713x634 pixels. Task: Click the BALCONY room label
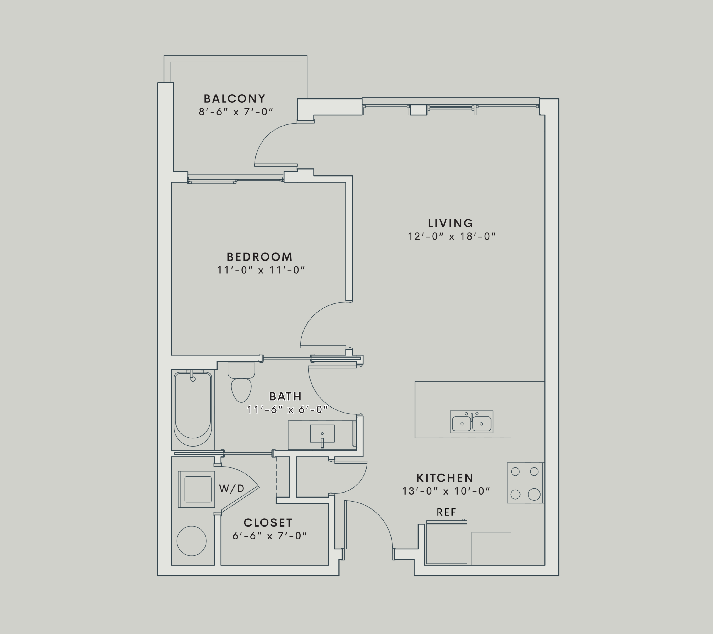235,98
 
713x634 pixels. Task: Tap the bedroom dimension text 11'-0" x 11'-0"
261,270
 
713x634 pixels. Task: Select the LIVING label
450,223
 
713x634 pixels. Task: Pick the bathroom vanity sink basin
322,433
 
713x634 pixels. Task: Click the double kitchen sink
471,422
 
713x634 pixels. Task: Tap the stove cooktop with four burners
525,483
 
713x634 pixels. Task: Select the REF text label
446,512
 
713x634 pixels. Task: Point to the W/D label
231,488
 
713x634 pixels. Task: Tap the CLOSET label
268,523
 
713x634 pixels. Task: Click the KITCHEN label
445,478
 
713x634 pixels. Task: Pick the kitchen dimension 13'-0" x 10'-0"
445,491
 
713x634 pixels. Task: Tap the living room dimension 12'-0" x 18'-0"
451,237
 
